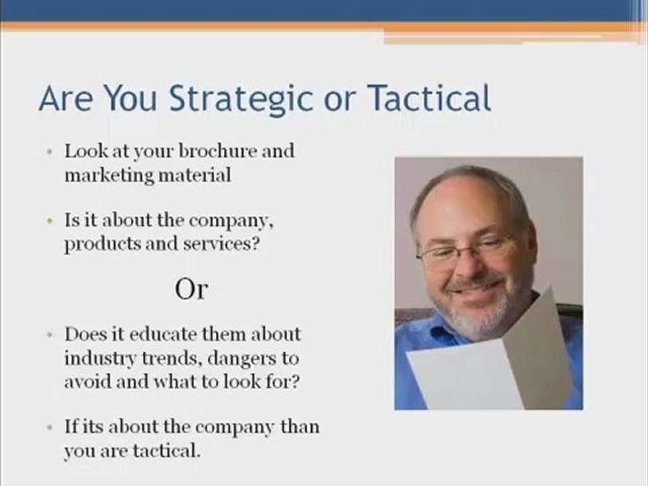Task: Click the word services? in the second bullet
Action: click(222, 244)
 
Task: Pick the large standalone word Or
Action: click(191, 290)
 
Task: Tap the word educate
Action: click(175, 334)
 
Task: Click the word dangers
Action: click(230, 358)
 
